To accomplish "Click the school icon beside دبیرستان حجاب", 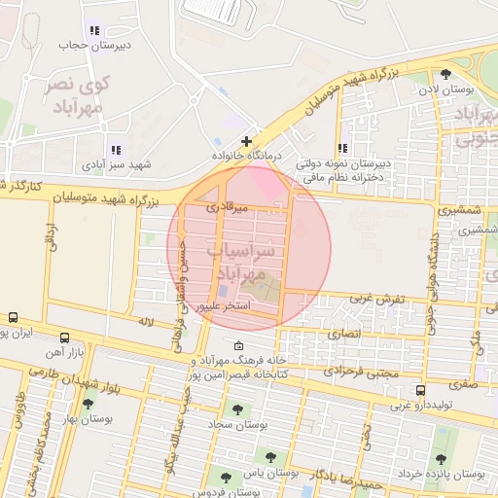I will coord(93,31).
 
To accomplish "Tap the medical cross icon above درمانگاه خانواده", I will coord(247,141).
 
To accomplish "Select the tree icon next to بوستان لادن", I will coord(445,74).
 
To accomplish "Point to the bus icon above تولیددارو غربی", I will coord(420,390).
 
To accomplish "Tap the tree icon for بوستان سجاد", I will coord(236,409).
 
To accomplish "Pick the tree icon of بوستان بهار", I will coord(88,404).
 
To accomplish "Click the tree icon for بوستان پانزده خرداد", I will coord(440,458).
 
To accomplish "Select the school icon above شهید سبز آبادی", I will coord(116,150).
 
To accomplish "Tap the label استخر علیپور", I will coord(226,305).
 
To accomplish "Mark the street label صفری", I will coord(462,385).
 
